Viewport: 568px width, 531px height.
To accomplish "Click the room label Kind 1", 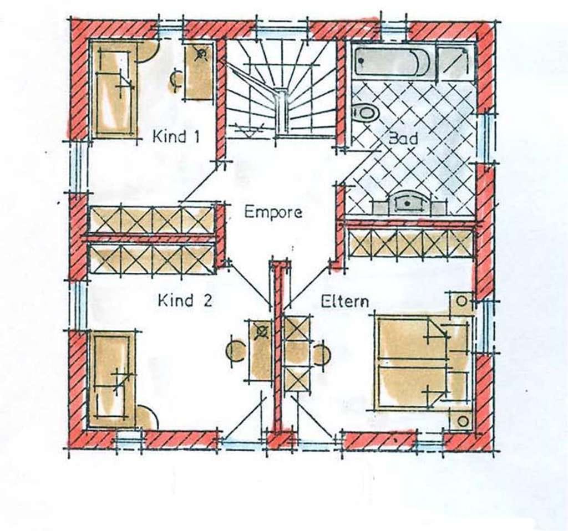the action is point(176,137).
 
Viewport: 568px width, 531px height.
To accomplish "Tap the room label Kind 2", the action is point(185,301).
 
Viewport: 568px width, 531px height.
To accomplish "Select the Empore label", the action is point(273,212).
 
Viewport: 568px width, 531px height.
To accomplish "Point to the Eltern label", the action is point(345,301).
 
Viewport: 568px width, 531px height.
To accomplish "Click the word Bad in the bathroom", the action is point(403,138).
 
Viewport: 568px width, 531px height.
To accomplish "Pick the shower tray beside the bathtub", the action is point(456,61).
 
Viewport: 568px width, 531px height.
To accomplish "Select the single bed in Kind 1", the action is point(114,89).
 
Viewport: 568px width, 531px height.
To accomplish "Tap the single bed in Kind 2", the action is point(112,380).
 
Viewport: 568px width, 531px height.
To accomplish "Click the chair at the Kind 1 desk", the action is point(175,80).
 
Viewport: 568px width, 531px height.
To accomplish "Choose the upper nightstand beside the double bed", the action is point(461,302).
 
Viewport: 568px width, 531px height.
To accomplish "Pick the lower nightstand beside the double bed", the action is point(461,420).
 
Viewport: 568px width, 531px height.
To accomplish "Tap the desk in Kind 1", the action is point(197,71).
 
